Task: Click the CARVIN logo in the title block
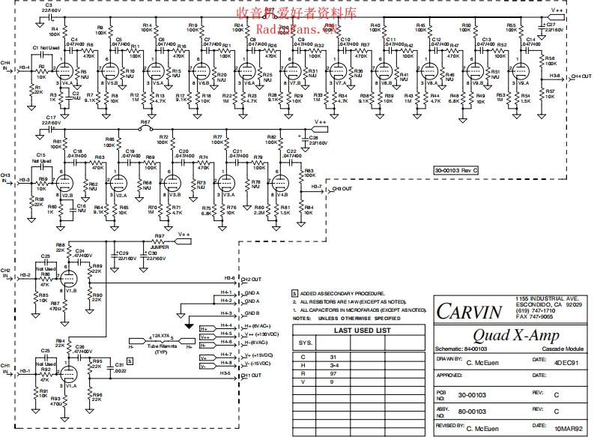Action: point(470,311)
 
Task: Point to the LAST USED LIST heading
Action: point(362,330)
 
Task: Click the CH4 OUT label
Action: point(581,76)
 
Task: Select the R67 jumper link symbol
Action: point(147,127)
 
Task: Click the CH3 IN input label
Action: point(6,178)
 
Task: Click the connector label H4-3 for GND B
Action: point(225,313)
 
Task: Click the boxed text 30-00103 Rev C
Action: point(455,171)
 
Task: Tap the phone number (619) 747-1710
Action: point(535,310)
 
